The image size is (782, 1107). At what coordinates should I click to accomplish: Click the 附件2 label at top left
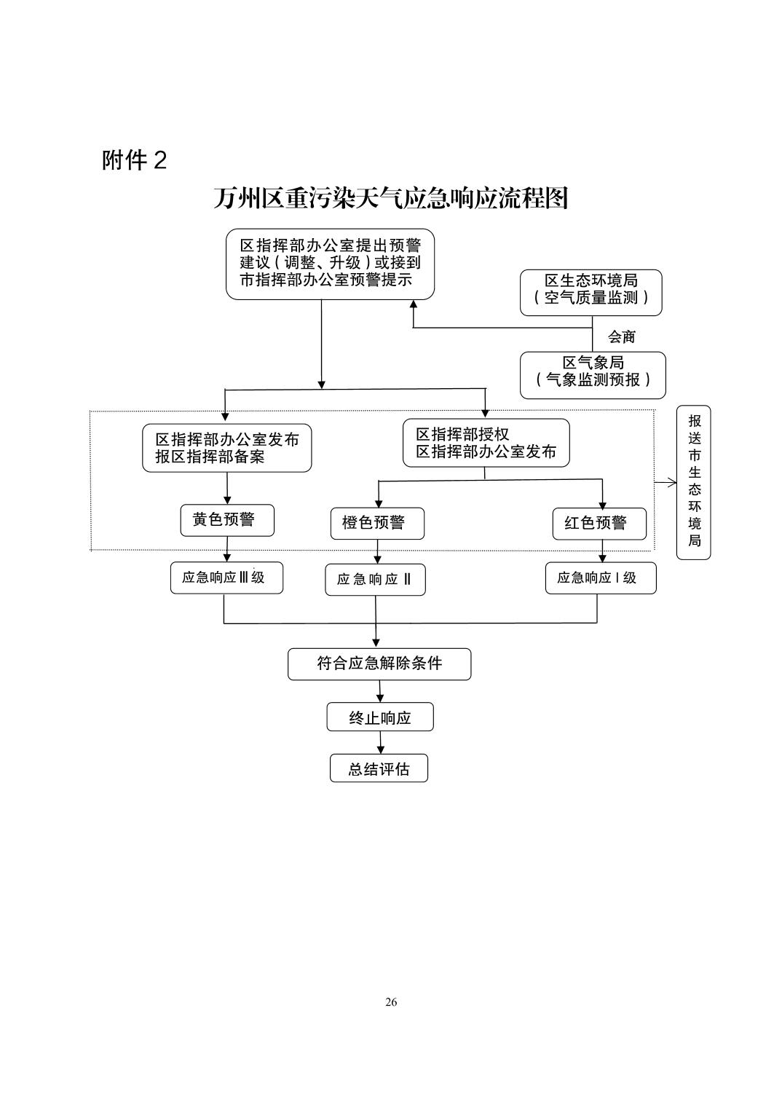pyautogui.click(x=135, y=160)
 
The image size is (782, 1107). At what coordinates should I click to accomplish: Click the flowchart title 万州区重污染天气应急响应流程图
pyautogui.click(x=390, y=198)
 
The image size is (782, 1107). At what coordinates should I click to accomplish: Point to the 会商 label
pyautogui.click(x=621, y=336)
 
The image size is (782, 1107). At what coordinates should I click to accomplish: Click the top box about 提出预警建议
pyautogui.click(x=330, y=264)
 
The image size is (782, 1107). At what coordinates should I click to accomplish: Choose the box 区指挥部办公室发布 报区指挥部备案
pyautogui.click(x=226, y=448)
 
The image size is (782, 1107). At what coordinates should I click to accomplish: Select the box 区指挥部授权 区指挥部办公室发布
pyautogui.click(x=486, y=443)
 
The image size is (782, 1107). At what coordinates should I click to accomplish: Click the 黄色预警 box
pyautogui.click(x=227, y=520)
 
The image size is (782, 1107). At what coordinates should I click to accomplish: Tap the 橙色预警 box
pyautogui.click(x=377, y=523)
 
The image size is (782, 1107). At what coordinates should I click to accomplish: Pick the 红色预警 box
pyautogui.click(x=599, y=523)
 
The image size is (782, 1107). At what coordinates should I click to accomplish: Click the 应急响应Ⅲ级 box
pyautogui.click(x=226, y=578)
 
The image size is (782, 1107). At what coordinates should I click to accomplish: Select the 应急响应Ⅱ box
pyautogui.click(x=375, y=580)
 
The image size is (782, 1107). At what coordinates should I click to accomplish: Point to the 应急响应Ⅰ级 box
pyautogui.click(x=600, y=578)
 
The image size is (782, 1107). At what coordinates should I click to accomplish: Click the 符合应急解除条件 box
pyautogui.click(x=379, y=663)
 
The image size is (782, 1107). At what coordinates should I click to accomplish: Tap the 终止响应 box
pyautogui.click(x=379, y=717)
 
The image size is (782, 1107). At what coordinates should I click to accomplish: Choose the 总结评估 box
pyautogui.click(x=379, y=768)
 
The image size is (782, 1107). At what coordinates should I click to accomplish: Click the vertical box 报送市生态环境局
pyautogui.click(x=693, y=482)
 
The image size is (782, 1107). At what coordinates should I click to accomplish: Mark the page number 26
pyautogui.click(x=391, y=1002)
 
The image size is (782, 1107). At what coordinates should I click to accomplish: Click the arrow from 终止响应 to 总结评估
pyautogui.click(x=380, y=743)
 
